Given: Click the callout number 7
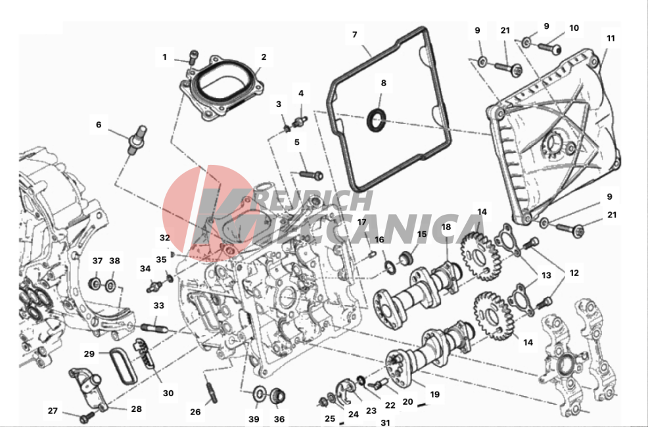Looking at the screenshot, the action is coord(355,35).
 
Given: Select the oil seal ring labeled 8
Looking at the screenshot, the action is coord(377,121).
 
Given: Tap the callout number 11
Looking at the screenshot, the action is coord(611,38).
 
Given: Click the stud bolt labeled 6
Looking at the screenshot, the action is coord(137,141).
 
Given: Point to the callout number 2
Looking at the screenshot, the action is coord(264,57).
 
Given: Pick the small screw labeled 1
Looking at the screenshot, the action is coord(193,57).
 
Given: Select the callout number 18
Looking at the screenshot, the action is coord(446,227).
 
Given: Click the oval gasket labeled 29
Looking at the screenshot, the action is coord(123,366).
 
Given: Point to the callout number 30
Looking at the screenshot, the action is coord(168,393).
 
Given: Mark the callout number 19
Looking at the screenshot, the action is coord(434,394).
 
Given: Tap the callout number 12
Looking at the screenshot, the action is coord(574,273).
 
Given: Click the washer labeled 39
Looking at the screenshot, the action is coord(260,393).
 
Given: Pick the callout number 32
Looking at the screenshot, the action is coord(164,238).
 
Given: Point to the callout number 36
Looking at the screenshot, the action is coord(279,419).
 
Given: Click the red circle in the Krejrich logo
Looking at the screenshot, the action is coord(206,213).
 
